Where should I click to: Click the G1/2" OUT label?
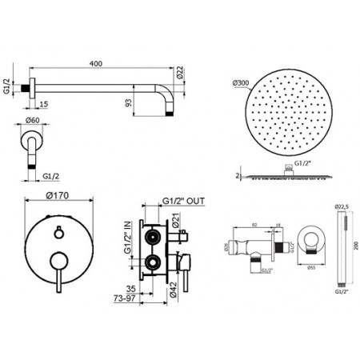pos(183,200)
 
